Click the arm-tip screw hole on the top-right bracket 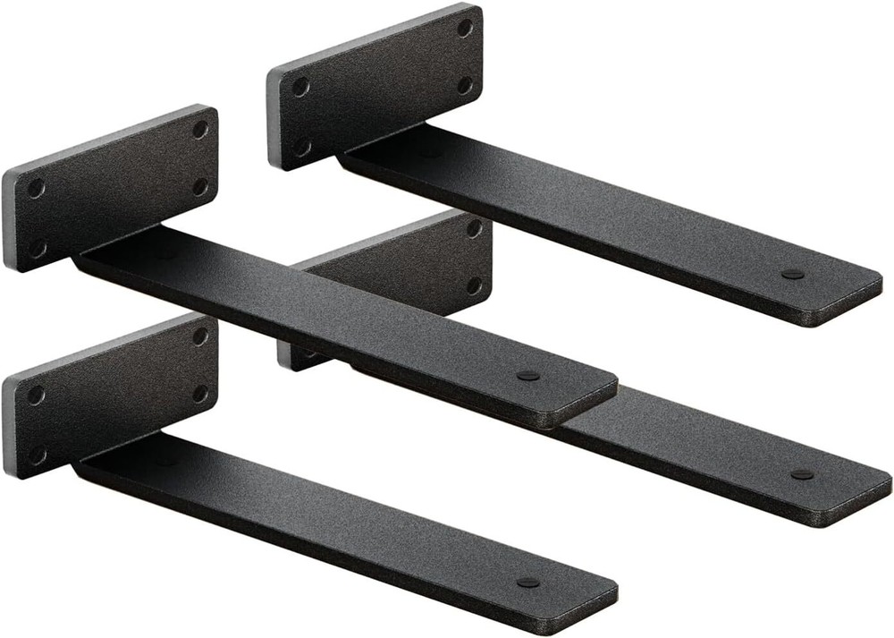click(791, 275)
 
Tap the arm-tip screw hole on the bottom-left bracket click(528, 583)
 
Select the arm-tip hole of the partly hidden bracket click(802, 474)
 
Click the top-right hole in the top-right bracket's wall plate click(465, 28)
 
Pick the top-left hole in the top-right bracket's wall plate click(300, 87)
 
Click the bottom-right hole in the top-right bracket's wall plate click(465, 86)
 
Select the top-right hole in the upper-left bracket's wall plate click(201, 130)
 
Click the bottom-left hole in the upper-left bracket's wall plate click(38, 247)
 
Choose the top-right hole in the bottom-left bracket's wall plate click(201, 336)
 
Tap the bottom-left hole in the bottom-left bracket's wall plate click(38, 454)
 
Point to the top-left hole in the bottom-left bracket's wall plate click(36, 395)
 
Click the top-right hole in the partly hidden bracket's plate click(475, 229)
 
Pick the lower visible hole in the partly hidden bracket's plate click(475, 286)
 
